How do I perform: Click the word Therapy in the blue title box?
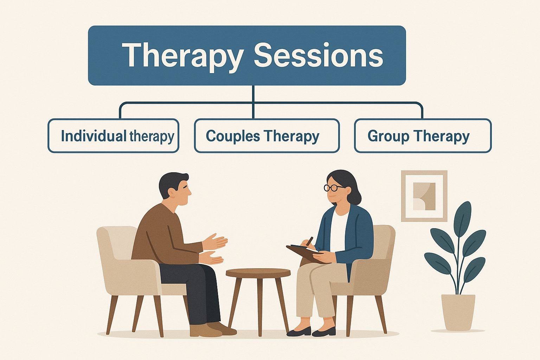[x=183, y=56]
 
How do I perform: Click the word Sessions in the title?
[x=318, y=56]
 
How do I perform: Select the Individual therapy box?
[x=113, y=136]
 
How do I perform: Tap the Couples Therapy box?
[x=266, y=136]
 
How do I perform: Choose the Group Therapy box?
[x=422, y=136]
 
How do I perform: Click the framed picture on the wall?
[x=424, y=196]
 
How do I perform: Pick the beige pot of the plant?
[x=458, y=311]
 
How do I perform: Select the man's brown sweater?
[x=158, y=236]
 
